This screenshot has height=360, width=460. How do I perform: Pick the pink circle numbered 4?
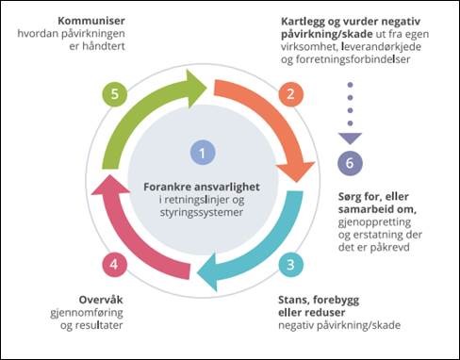tap(113, 265)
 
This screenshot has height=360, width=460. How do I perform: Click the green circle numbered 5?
tap(113, 94)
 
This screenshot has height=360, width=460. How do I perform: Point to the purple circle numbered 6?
tap(350, 162)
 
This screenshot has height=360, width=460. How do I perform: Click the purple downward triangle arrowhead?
tap(350, 138)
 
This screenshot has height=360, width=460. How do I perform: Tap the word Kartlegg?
tap(305, 20)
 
